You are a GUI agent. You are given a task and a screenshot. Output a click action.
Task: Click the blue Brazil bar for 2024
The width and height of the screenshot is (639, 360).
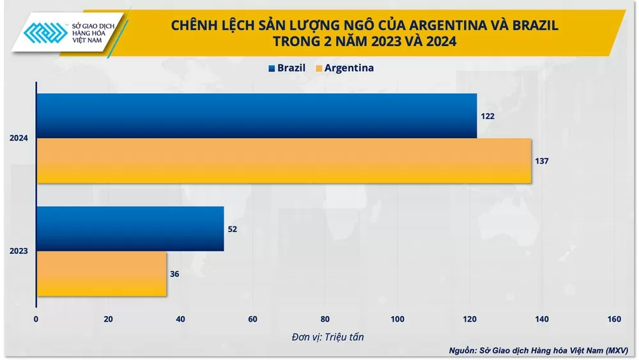point(256,116)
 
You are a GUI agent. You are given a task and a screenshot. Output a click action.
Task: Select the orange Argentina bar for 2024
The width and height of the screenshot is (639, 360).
point(284,161)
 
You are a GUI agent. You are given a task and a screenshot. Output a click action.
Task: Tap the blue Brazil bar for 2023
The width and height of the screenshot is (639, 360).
point(130,228)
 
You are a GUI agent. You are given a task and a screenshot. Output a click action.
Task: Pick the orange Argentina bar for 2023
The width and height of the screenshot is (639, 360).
point(102,274)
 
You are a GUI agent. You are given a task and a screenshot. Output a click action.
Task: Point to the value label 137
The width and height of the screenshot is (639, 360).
point(541,161)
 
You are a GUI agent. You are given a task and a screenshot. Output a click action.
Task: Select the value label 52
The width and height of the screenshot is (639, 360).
point(233,229)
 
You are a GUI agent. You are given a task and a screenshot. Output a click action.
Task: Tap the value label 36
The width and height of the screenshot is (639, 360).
point(175,274)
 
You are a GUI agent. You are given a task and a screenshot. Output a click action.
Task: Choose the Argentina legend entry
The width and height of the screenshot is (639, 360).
point(345,68)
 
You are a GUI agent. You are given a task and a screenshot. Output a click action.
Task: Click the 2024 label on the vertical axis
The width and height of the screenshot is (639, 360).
point(19,139)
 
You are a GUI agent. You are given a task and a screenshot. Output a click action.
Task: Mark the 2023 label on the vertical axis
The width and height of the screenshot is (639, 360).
point(19,251)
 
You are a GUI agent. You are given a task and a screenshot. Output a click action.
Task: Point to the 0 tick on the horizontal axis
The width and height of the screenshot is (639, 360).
point(36,319)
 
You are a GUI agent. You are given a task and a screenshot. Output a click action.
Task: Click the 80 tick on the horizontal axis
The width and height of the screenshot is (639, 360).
point(325,319)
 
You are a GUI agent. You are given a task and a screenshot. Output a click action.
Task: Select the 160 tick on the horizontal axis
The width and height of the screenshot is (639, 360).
point(614,319)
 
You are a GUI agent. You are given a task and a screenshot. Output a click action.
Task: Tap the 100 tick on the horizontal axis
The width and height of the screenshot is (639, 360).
point(397,319)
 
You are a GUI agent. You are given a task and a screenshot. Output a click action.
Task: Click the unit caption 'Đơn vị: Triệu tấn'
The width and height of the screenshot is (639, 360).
point(325,336)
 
